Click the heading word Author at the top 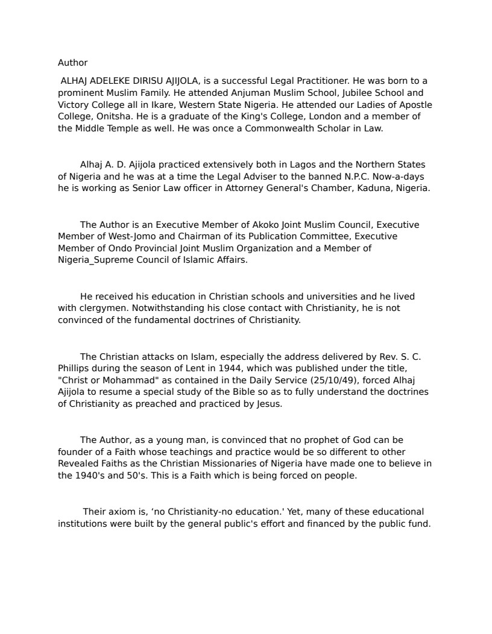coord(72,63)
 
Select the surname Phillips coord(75,368)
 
